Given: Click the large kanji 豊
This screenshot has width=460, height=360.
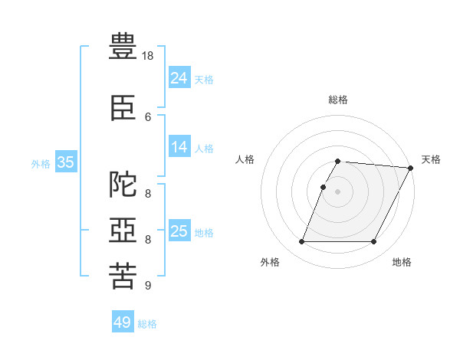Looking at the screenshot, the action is coord(123,46).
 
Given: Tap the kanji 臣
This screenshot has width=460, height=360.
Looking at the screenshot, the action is coord(123,108).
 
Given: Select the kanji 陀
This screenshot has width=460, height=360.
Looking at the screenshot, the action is coord(123,184).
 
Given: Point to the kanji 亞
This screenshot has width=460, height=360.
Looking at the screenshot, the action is coord(123,230).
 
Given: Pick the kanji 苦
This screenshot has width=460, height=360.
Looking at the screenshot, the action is coord(123,276).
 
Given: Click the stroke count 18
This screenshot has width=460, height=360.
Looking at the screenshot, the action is coord(147,56).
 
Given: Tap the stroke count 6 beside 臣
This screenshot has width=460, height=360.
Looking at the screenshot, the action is coord(148,117).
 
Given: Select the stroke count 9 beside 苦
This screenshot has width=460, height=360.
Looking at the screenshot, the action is coord(148,285).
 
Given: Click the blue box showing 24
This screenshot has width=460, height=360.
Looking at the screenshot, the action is coord(179,77).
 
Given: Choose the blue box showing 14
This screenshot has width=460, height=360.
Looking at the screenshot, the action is coord(179,146).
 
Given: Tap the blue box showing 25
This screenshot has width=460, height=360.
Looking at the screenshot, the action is coord(179,230).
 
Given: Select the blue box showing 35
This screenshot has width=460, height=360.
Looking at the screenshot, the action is coord(66,162).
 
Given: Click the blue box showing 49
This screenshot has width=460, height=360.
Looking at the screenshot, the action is coord(123,321).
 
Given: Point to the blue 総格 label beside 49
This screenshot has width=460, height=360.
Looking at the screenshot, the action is coord(147,324).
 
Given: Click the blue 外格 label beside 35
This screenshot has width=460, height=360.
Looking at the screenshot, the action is coord(41,164).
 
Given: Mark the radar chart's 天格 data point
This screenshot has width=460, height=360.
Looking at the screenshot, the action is coord(411,168).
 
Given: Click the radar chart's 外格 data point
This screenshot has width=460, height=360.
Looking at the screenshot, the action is coord(301,241).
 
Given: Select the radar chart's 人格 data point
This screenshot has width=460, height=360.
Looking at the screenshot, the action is coord(323,188).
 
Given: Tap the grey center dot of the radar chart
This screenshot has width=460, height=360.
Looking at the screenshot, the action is coord(337,191).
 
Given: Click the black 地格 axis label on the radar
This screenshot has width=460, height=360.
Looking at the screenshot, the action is coord(402,262).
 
